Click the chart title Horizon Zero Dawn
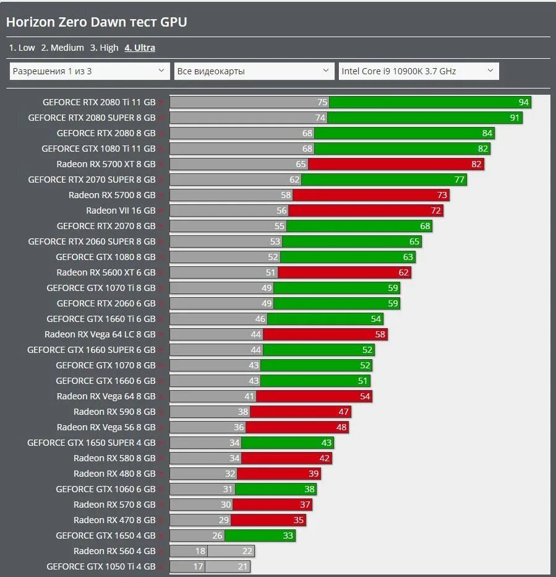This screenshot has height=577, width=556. pyautogui.click(x=96, y=22)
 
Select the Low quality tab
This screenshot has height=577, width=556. pyautogui.click(x=22, y=48)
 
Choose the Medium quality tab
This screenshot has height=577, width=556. pyautogui.click(x=62, y=48)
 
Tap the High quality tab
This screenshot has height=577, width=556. pyautogui.click(x=104, y=48)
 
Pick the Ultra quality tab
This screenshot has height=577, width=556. pyautogui.click(x=140, y=48)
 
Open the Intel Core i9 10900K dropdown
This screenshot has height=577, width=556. pyautogui.click(x=418, y=71)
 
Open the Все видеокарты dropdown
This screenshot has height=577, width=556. pyautogui.click(x=254, y=71)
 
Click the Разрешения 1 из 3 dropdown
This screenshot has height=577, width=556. pyautogui.click(x=90, y=71)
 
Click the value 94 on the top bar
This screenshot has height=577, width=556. pyautogui.click(x=524, y=102)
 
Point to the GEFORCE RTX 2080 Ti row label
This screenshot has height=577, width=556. pyautogui.click(x=99, y=102)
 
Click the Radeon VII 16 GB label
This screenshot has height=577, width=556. pyautogui.click(x=121, y=210)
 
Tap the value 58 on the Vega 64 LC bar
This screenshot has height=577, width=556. pyautogui.click(x=380, y=334)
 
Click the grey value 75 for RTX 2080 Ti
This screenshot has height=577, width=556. pyautogui.click(x=322, y=102)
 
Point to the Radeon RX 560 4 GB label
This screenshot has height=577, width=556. pyautogui.click(x=114, y=551)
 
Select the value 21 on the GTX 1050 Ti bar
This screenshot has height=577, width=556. pyautogui.click(x=242, y=566)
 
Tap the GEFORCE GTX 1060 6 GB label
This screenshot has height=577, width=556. pyautogui.click(x=106, y=489)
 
